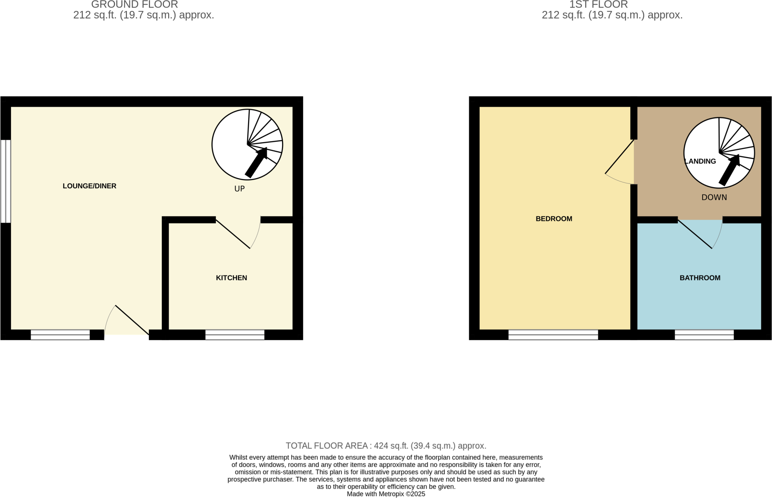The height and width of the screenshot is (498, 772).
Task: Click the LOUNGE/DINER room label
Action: click(x=89, y=186)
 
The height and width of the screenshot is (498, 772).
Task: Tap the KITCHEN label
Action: click(x=231, y=278)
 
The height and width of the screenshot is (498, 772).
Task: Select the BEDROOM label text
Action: click(x=554, y=218)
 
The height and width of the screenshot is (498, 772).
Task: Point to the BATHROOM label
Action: click(x=700, y=278)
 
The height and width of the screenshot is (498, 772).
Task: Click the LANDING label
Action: click(x=700, y=161)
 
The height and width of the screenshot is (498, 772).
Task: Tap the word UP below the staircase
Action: click(x=239, y=189)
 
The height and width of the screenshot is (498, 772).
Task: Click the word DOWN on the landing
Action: click(x=714, y=197)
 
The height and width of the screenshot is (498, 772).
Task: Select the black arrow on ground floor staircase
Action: click(x=256, y=162)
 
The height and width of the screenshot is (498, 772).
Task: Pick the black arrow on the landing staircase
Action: click(x=729, y=170)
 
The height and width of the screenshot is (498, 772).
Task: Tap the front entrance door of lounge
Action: click(x=132, y=320)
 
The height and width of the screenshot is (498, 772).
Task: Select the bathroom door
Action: click(x=695, y=234)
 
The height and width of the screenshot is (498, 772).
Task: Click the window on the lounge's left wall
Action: click(x=5, y=181)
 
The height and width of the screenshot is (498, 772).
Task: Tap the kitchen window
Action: click(x=234, y=335)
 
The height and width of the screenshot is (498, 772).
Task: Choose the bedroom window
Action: click(x=553, y=335)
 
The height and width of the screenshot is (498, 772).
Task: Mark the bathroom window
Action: click(x=704, y=335)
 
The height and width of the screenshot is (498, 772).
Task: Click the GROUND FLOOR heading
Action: click(x=135, y=5)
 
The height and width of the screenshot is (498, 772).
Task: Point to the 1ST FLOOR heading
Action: click(x=598, y=5)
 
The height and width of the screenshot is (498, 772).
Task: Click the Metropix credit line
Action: click(x=386, y=494)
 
